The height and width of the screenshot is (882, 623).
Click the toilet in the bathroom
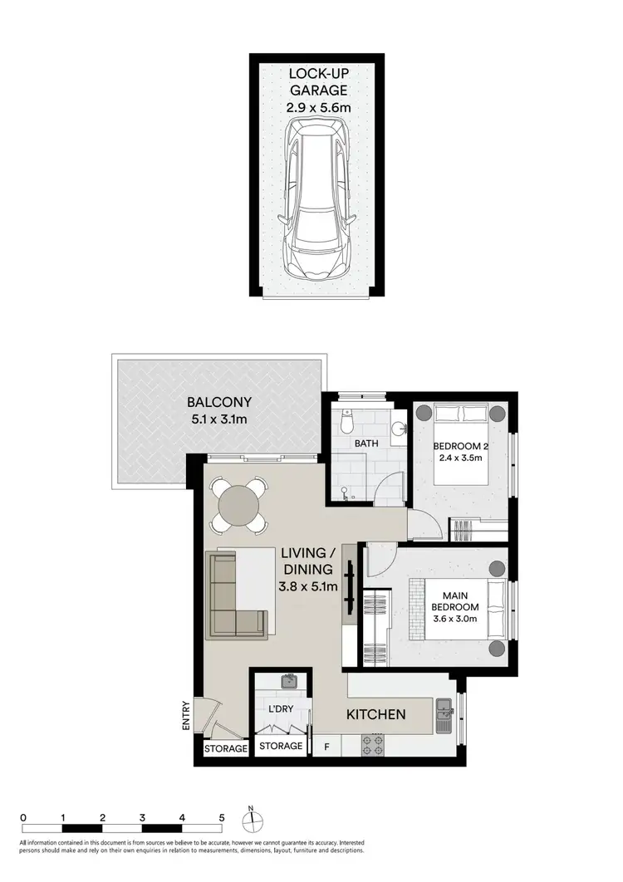pyautogui.click(x=348, y=422)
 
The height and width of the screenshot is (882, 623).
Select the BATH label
pyautogui.click(x=365, y=443)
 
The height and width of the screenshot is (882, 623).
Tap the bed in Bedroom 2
pyautogui.click(x=461, y=457)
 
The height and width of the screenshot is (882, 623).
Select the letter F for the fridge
pyautogui.click(x=326, y=747)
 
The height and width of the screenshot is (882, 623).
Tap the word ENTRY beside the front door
pyautogui.click(x=187, y=717)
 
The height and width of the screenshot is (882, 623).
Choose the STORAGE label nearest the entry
pyautogui.click(x=227, y=748)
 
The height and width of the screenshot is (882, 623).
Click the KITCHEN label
pyautogui.click(x=375, y=714)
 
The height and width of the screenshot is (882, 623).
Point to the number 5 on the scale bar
pyautogui.click(x=222, y=816)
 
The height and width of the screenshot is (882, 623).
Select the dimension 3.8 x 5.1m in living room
pyautogui.click(x=307, y=586)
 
